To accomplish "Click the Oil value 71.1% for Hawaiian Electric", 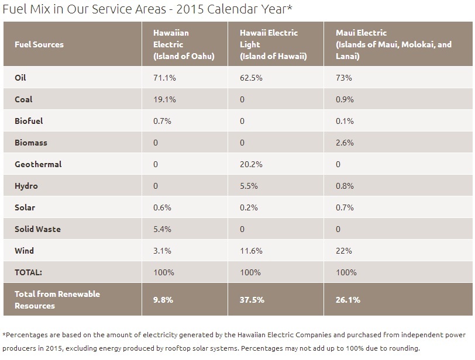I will pos(163,78).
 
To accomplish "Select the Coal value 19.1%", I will pos(163,99).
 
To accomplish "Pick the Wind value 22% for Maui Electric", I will pos(344,251).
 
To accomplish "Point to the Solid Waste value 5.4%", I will pos(162,229).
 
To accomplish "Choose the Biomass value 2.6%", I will pos(345,143).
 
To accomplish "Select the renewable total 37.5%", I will pos(252,300).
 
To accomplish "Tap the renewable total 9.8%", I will pos(163,300).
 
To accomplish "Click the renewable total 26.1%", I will pos(348,300).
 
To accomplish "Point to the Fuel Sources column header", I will pos(39,44).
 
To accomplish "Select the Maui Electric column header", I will pos(394,44).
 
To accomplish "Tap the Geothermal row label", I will pos(38,164).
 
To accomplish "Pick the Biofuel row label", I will pos(29,121).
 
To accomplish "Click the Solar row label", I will pos(25,207).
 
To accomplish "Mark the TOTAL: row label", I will pos(29,272).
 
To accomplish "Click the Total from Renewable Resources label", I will pos(57,300).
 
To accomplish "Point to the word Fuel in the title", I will pos(14,9).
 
